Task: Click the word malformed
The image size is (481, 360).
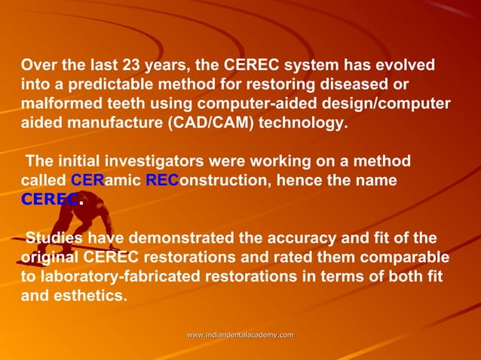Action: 57,104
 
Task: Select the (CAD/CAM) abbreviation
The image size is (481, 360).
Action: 216,124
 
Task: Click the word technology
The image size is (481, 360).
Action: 304,124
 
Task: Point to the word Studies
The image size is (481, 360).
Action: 54,240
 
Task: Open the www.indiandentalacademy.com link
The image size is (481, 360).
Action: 240,334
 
